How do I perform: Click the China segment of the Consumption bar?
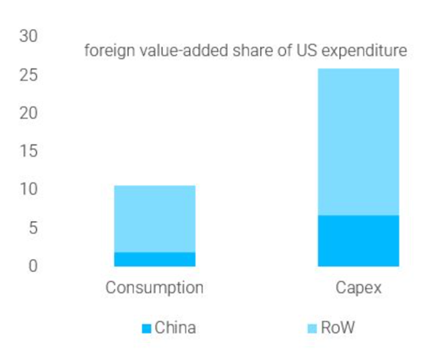coord(155,259)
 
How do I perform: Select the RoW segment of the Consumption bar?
coord(155,218)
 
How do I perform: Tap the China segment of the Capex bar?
coord(358,241)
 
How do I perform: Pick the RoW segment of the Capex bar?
coord(358,142)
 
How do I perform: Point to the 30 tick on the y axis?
coord(28,36)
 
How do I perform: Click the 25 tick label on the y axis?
coord(28,75)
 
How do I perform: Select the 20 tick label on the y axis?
coord(28,113)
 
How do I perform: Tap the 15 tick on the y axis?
coord(28,151)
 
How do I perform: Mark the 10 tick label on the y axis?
coord(28,189)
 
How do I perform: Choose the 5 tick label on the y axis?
coord(32,228)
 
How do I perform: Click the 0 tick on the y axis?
coord(32,266)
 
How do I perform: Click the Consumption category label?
coord(155,288)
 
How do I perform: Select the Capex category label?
coord(359,288)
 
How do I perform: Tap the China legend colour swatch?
coord(146,329)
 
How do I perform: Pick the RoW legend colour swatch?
coord(312,329)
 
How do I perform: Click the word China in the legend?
coord(175,328)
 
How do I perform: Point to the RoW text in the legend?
coord(337,328)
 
